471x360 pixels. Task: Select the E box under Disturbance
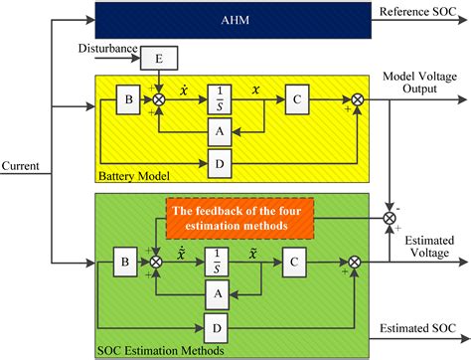click(x=159, y=59)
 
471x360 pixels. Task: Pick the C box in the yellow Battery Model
click(x=295, y=99)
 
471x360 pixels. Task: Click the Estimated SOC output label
click(x=420, y=329)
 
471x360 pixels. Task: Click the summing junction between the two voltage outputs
click(x=387, y=215)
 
